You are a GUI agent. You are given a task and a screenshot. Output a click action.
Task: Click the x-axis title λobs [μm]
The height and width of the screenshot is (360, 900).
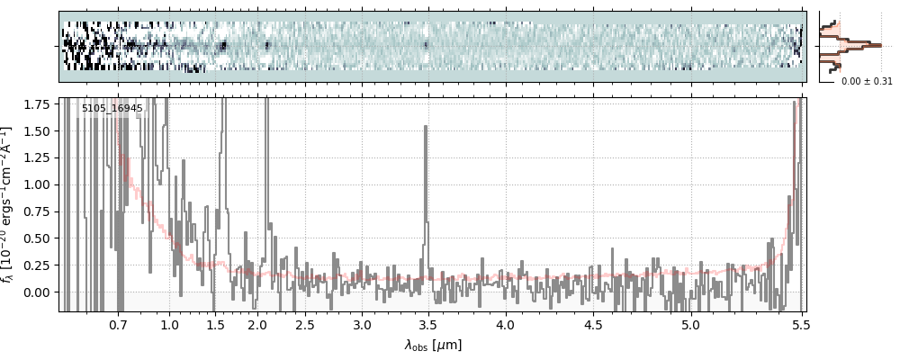[x=433, y=344]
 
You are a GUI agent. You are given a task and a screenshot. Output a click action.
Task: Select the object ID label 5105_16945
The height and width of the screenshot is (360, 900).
[x=112, y=109]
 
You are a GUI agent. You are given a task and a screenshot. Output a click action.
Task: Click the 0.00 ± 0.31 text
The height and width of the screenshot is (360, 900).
[x=866, y=81]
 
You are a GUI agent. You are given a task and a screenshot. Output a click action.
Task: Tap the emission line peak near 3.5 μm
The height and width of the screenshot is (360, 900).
[x=425, y=127]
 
